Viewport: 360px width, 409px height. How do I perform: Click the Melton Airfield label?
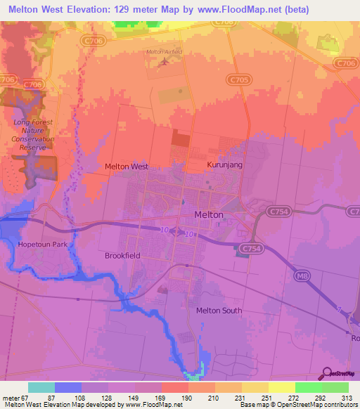pos(164,52)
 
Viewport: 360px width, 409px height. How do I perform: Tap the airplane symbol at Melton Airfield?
pos(165,62)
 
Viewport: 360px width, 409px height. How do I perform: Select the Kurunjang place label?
pos(205,164)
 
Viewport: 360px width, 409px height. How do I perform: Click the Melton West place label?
pos(127,167)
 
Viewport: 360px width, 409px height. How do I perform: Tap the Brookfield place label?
pos(123,256)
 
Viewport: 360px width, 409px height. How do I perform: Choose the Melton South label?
pos(219,311)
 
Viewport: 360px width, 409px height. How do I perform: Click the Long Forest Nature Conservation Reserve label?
pos(33,134)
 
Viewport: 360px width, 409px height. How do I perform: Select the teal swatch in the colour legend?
pos(41,387)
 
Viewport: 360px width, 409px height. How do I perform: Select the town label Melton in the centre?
pos(208,215)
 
